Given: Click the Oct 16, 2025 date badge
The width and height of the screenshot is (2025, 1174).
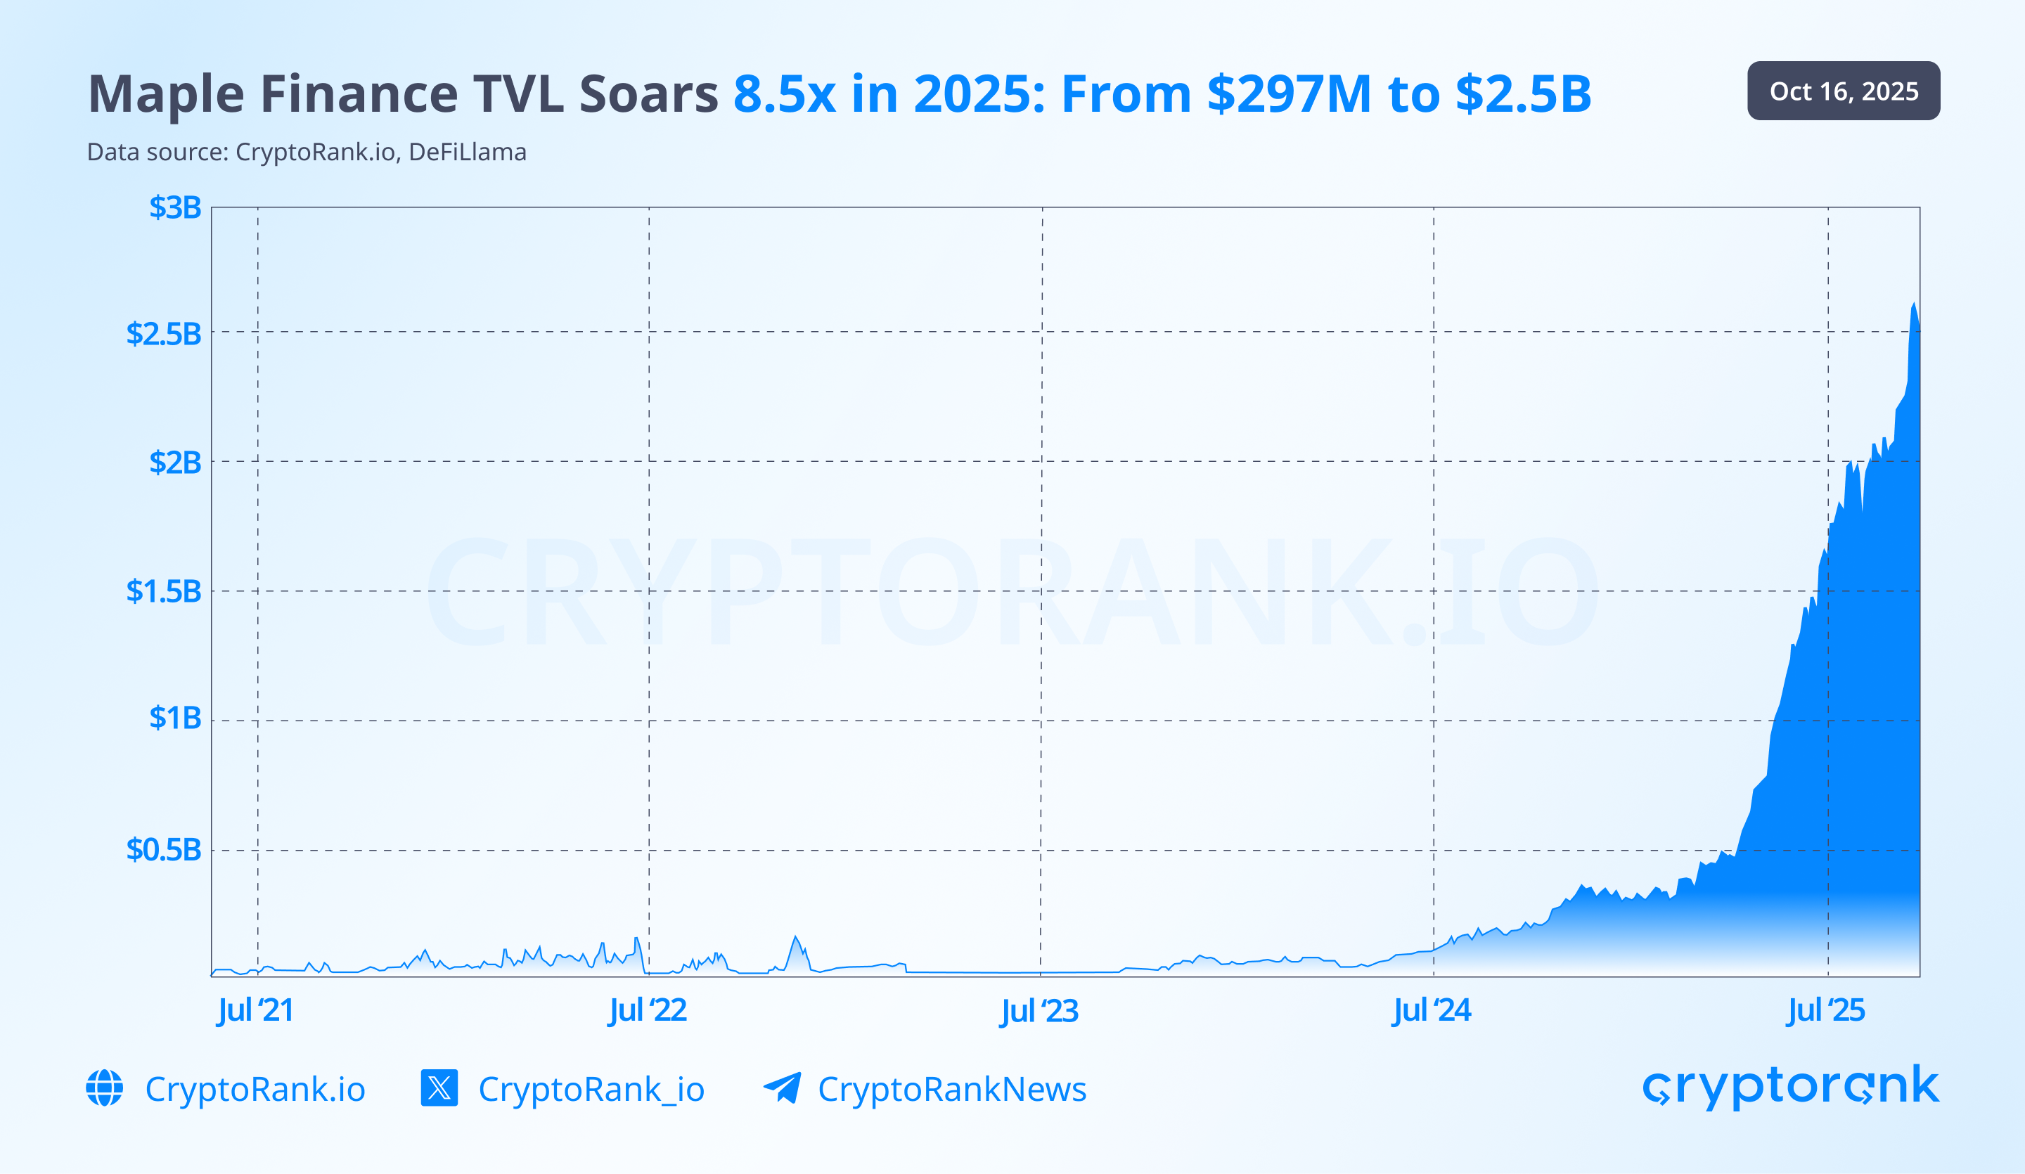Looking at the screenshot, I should [x=1843, y=91].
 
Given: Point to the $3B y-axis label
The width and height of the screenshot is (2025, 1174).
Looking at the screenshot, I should [x=174, y=207].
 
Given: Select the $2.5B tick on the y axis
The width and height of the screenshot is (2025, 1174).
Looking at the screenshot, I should [x=163, y=333].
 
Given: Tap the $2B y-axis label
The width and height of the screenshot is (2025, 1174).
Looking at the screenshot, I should [x=174, y=462].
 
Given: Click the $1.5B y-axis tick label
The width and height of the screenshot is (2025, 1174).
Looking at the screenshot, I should [x=163, y=591].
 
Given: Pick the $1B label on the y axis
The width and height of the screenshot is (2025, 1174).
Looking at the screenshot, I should [x=174, y=718].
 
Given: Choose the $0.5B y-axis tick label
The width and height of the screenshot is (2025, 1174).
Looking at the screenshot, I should [x=163, y=849].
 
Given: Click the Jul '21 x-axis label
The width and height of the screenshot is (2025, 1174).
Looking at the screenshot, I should [x=255, y=1010].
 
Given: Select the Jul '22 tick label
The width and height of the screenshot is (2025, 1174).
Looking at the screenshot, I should [x=648, y=1010].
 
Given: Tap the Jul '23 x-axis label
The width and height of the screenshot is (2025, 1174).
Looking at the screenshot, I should [x=1039, y=1010].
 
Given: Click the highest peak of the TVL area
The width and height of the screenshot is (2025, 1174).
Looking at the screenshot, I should [x=1914, y=304].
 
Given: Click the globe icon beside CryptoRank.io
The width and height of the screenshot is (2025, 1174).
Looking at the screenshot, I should [x=105, y=1088].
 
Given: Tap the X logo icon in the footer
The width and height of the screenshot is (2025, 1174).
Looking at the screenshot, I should [x=439, y=1088].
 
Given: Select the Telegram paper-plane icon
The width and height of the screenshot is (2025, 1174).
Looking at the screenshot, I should [x=782, y=1088].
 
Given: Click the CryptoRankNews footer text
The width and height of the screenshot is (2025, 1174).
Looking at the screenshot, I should [x=951, y=1090].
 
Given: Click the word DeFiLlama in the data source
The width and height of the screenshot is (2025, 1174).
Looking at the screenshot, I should [x=467, y=152].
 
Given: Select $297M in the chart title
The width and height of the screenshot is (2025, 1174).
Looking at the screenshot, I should [x=1289, y=94].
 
